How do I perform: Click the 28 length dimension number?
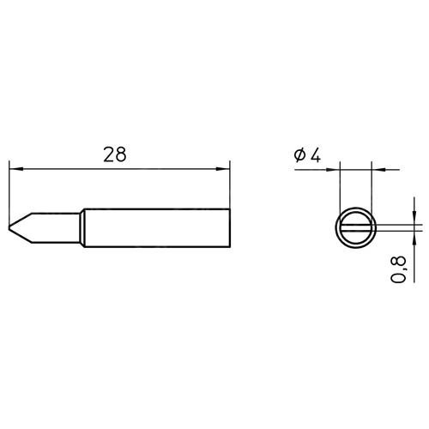click(x=115, y=154)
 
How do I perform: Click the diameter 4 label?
click(x=307, y=156)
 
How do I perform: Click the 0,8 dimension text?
click(x=398, y=269)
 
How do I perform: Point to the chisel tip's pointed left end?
click(x=9, y=227)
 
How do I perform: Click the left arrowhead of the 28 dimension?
click(x=16, y=169)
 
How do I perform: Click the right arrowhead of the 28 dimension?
click(x=223, y=169)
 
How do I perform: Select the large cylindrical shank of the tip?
click(x=157, y=228)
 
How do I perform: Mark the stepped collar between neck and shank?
click(x=82, y=228)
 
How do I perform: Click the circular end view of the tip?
click(x=355, y=208)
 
